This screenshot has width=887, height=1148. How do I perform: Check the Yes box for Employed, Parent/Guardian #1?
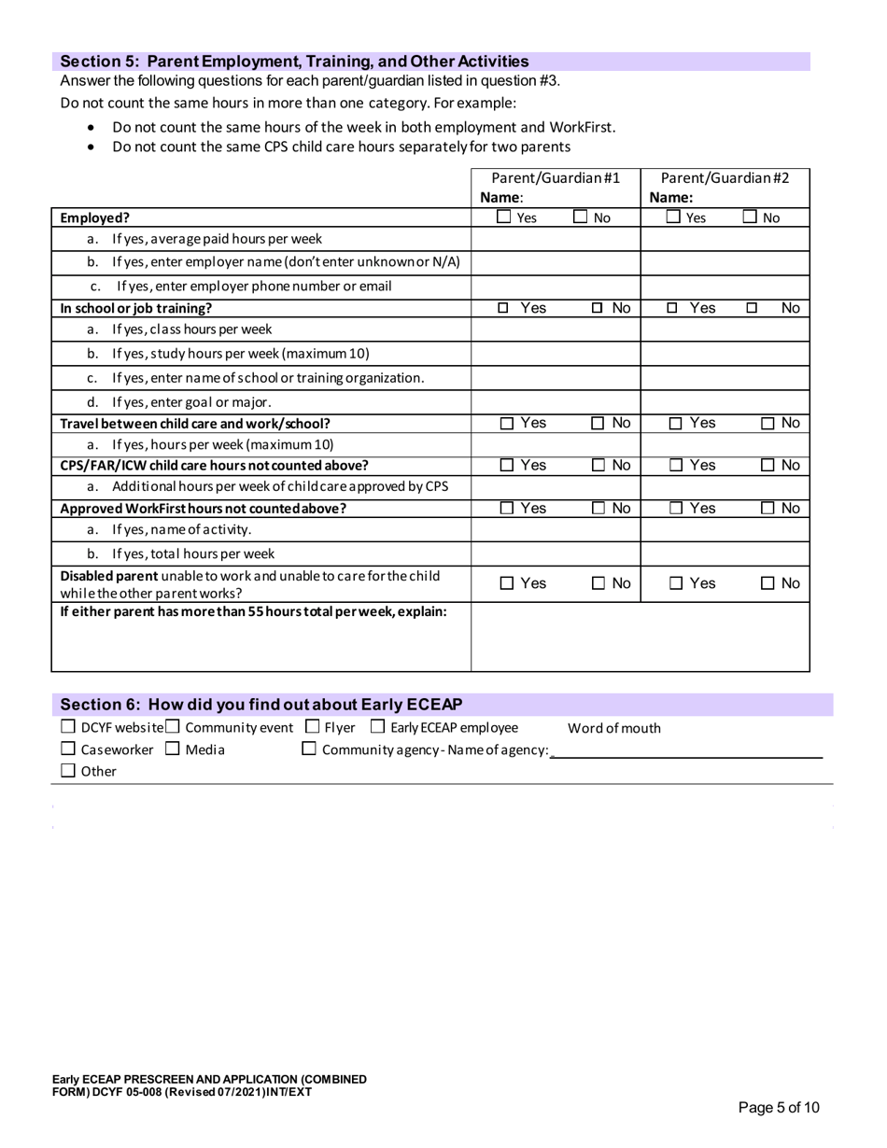coord(503,217)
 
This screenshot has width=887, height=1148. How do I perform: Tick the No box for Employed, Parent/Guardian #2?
coord(750,217)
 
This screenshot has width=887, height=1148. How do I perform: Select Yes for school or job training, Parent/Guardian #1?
coord(503,308)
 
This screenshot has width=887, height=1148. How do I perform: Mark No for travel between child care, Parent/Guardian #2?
coord(768,424)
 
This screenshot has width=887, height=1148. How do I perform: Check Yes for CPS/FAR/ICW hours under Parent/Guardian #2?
coord(676,466)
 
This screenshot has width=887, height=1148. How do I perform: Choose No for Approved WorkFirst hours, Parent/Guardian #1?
coord(598,509)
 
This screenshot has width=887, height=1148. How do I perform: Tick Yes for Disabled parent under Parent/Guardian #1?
coord(506,584)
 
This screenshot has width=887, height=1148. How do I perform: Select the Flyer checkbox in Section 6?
coord(312,727)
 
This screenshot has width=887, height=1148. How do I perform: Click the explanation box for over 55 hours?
coord(640,637)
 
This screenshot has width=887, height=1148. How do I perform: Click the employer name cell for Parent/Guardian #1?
coord(555,262)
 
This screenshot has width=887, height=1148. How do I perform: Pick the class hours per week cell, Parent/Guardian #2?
coord(725,329)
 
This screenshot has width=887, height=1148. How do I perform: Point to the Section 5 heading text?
coord(294,62)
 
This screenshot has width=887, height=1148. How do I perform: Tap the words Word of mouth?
coord(613,728)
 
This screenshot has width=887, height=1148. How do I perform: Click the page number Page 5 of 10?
coord(778,1108)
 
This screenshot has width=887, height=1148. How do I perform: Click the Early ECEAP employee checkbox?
coord(377,727)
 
